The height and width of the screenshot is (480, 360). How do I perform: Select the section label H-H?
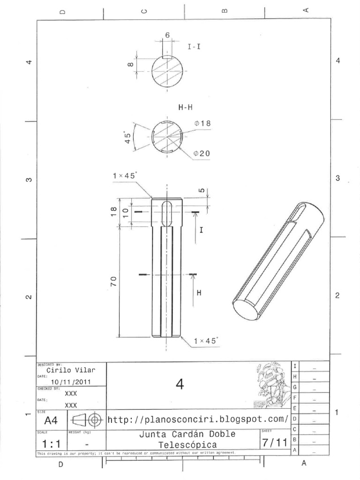click(186, 107)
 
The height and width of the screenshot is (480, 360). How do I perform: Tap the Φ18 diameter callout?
click(202, 124)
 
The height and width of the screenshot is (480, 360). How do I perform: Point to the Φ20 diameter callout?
click(202, 154)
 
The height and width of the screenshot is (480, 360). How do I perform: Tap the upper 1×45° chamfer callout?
click(125, 175)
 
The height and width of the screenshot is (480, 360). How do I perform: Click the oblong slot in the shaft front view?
click(166, 214)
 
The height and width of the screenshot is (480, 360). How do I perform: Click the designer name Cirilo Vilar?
click(71, 370)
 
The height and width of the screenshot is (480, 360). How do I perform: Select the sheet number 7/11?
click(274, 442)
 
